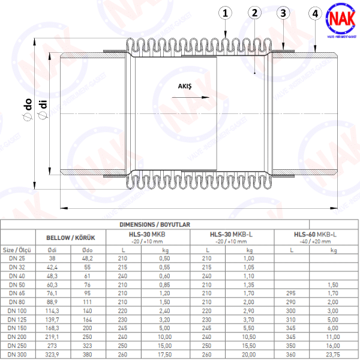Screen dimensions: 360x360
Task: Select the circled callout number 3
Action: (284, 13)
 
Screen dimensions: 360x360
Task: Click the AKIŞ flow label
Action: (185, 86)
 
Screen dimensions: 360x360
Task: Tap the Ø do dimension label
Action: (28, 113)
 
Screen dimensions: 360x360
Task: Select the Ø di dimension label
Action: (42, 113)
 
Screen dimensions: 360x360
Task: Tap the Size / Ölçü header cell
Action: (16, 250)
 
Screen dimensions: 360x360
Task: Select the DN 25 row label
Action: (17, 257)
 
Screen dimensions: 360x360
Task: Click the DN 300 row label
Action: (17, 354)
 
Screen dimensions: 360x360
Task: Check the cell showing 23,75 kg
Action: (334, 354)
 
